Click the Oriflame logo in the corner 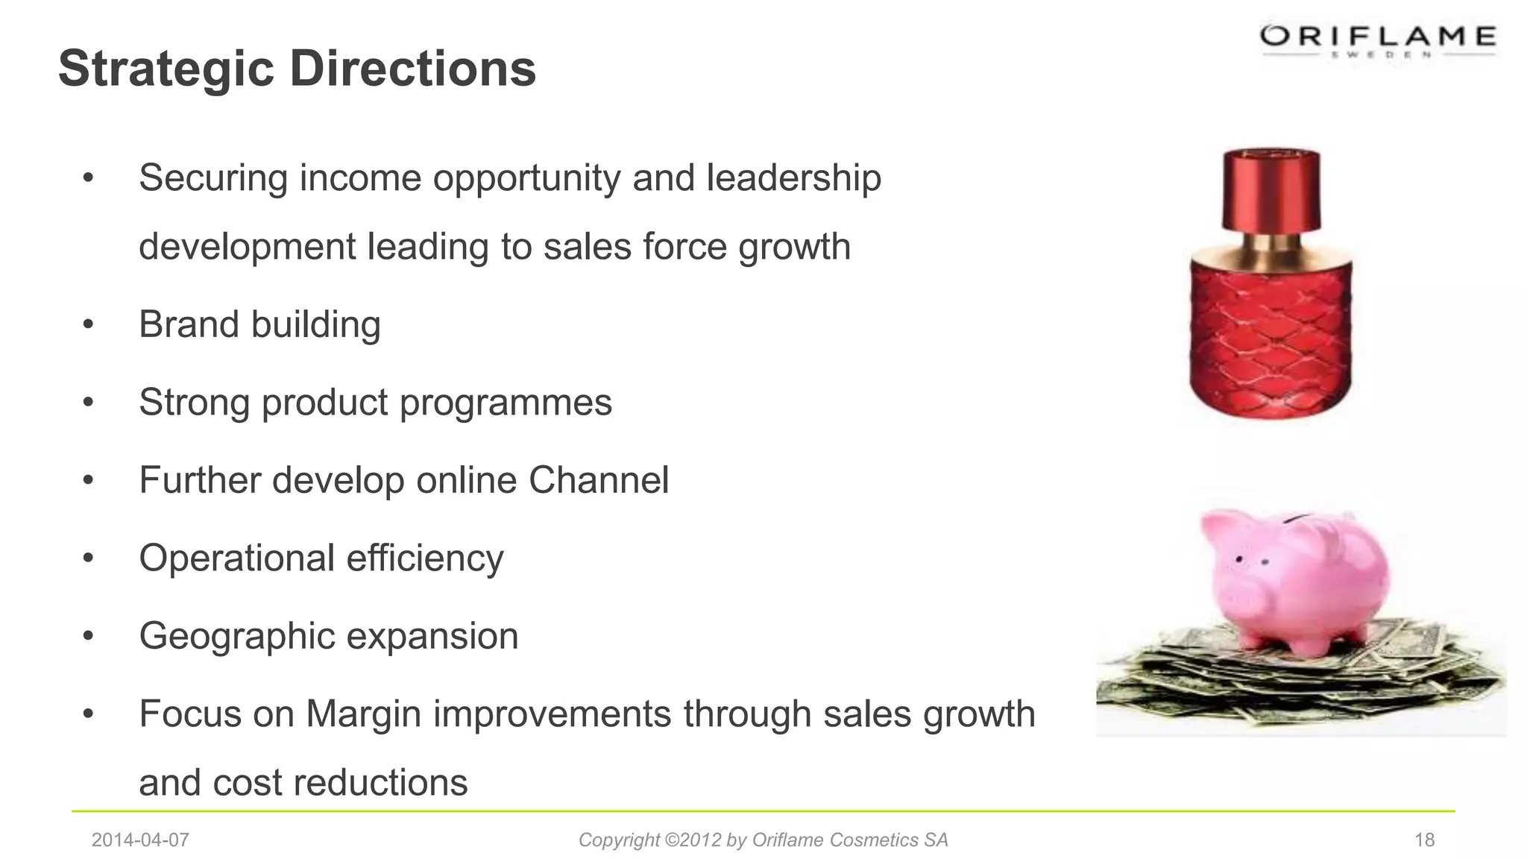point(1378,39)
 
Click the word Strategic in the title point(166,69)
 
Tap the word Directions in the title point(412,69)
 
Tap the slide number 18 point(1424,840)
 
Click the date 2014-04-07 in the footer point(140,840)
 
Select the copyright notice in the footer point(763,840)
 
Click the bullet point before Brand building point(89,325)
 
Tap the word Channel point(599,480)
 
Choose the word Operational point(236,558)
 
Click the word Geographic point(236,637)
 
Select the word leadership point(793,178)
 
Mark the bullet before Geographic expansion point(89,637)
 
